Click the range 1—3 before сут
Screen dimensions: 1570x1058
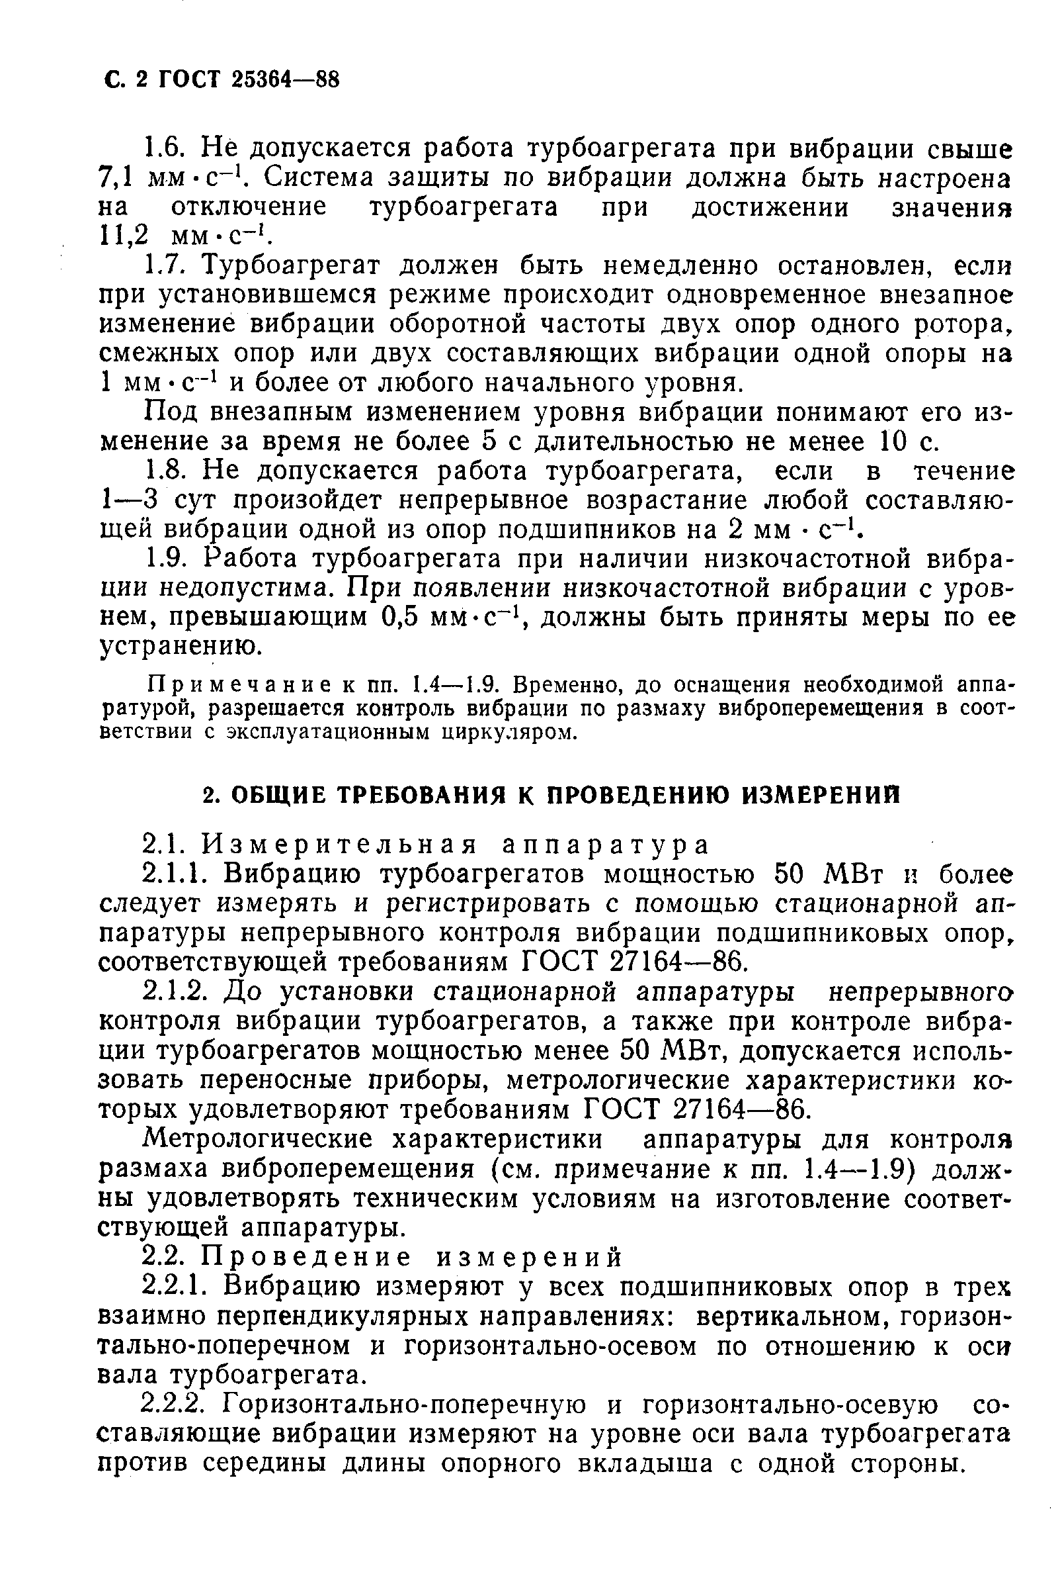click(x=128, y=500)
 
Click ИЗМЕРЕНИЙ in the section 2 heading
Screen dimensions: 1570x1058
click(x=822, y=796)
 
